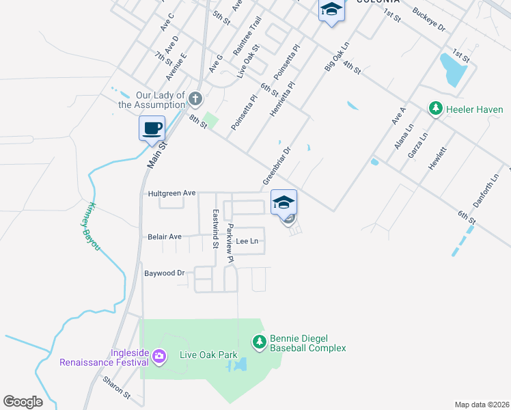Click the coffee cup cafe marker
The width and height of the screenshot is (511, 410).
click(152, 128)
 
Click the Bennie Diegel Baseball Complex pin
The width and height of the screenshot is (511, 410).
click(259, 341)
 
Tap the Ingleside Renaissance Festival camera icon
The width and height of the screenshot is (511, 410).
click(159, 355)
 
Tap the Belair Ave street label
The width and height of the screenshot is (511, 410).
click(165, 236)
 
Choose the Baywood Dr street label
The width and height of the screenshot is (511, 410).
click(165, 273)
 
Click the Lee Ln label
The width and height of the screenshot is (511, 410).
click(247, 241)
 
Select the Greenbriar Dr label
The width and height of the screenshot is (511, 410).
click(277, 165)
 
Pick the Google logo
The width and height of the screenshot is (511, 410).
click(23, 402)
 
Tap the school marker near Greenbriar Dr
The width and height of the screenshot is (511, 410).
click(284, 202)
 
